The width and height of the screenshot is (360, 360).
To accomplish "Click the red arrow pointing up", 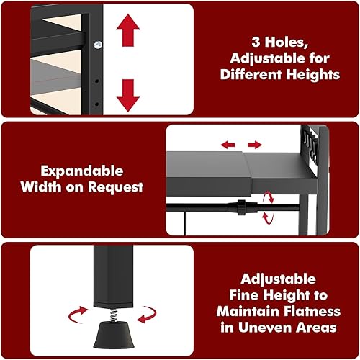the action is pos(128,30).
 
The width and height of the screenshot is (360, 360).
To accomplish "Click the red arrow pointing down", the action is pos(128,96).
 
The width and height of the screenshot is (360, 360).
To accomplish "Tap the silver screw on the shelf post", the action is pos(98,45).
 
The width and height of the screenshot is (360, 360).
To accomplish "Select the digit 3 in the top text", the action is pos(256,42).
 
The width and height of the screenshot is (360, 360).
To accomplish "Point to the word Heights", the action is pos(313,74).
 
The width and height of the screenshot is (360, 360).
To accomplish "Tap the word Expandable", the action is pos(82,172).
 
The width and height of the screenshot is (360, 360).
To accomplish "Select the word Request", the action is pos(115,187).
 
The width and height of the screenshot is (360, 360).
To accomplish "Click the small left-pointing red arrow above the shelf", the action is pos(228,145).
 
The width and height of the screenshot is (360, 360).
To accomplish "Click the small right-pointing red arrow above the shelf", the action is pos(255,145).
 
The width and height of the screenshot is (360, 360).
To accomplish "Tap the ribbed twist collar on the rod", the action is pos(241,207).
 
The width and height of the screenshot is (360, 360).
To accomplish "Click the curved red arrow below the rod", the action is pos(267,218).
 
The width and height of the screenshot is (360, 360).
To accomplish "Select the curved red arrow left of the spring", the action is pos(77,315).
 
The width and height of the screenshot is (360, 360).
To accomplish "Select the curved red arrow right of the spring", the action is pos(147,315).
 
